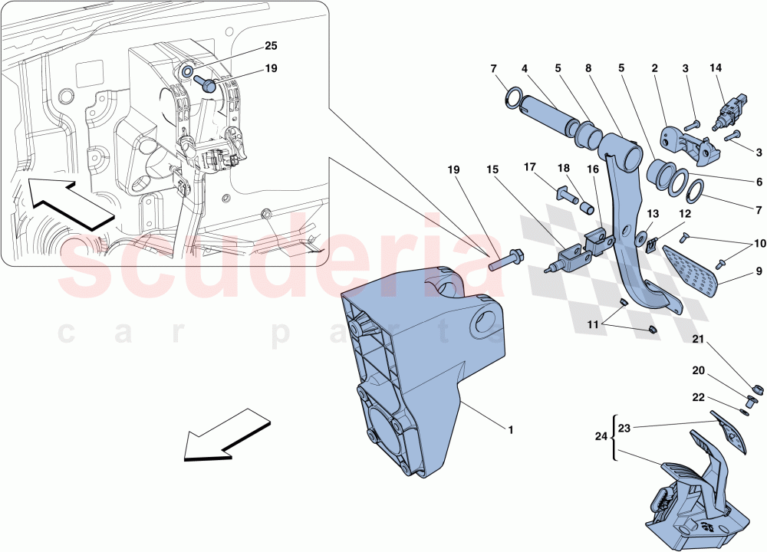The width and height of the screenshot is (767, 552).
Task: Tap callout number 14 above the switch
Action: (x=716, y=68)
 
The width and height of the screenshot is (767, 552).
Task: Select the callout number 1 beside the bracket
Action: (x=510, y=429)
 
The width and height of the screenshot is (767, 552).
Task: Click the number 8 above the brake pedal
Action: (x=588, y=68)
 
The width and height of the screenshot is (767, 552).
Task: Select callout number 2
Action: (x=655, y=68)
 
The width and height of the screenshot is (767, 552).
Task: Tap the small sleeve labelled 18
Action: (x=588, y=208)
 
